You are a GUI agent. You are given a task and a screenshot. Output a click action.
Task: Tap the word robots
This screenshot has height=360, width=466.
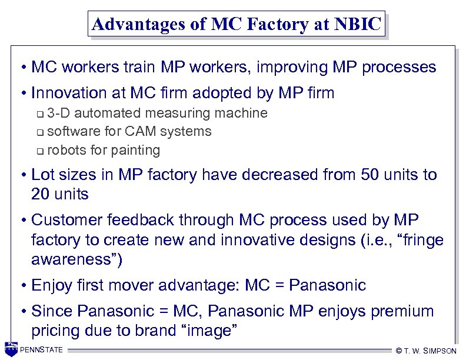coord(66,150)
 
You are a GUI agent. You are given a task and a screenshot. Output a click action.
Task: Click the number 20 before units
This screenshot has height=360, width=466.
coord(42,194)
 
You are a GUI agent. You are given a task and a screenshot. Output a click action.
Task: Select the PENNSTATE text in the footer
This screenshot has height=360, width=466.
coord(41,351)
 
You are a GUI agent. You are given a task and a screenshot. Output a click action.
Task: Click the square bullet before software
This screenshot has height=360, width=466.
coord(39,132)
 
